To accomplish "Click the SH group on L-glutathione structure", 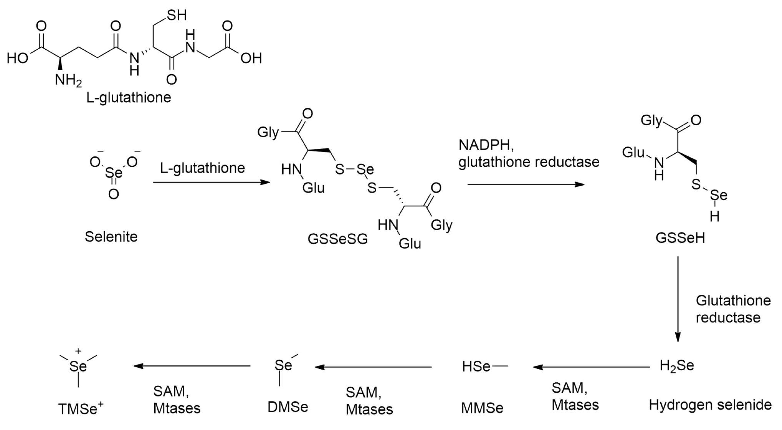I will (177, 15).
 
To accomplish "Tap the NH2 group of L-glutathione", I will (68, 80).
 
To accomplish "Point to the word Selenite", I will (111, 237).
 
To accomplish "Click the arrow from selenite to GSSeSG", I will (211, 182).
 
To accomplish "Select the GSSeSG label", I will (337, 239).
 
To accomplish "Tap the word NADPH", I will (486, 145).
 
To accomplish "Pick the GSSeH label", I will (680, 238).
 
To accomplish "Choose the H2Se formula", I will (677, 366).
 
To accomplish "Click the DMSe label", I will (288, 407).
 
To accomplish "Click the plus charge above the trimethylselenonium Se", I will (78, 351).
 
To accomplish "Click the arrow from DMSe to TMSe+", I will (192, 366).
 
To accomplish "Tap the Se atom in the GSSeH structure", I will (719, 195).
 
